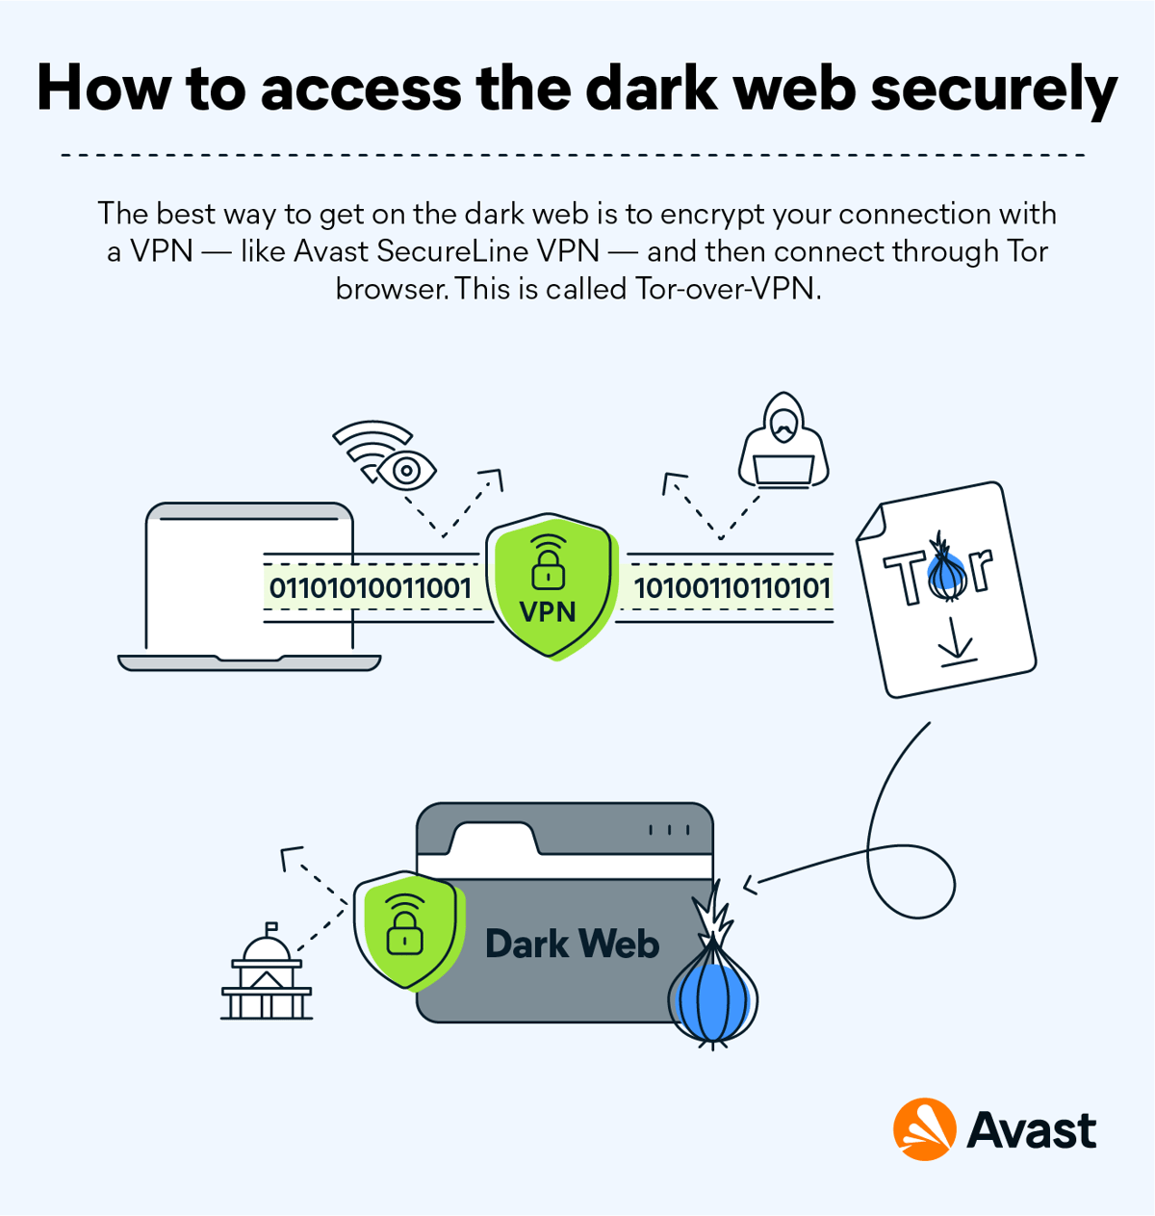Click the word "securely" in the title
(993, 89)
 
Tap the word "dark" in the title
(651, 89)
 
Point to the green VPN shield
(550, 588)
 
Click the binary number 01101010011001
(370, 588)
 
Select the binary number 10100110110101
(731, 588)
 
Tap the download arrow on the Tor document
(957, 643)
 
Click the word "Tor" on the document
(937, 576)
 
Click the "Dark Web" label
(572, 944)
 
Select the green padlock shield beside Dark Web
(405, 930)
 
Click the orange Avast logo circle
(924, 1129)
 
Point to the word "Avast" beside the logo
(1031, 1130)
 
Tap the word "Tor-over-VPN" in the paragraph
(728, 289)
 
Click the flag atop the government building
(272, 928)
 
